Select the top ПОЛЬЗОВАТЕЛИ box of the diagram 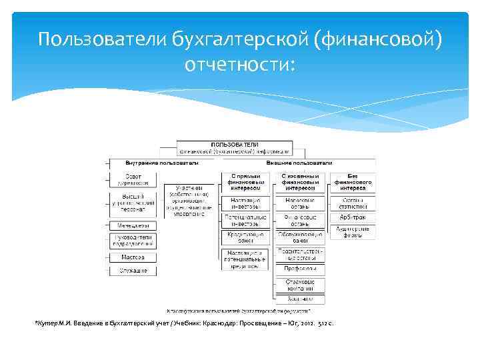[x=235, y=147]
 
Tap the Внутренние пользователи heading [x=162, y=163]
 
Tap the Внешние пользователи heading [x=299, y=163]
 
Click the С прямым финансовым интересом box [x=245, y=182]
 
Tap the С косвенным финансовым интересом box [x=299, y=182]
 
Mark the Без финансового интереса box [x=351, y=182]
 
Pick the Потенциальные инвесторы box [x=245, y=220]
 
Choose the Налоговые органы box [x=299, y=202]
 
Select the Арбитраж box [x=351, y=217]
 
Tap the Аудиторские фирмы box [x=351, y=232]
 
